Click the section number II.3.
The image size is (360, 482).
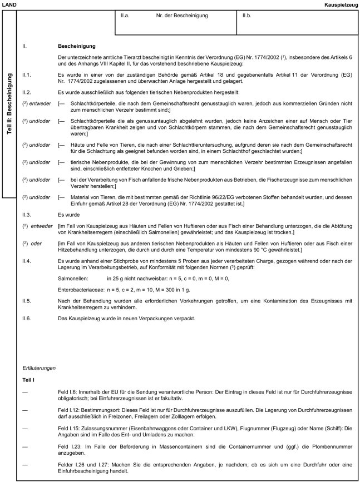click(26, 214)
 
